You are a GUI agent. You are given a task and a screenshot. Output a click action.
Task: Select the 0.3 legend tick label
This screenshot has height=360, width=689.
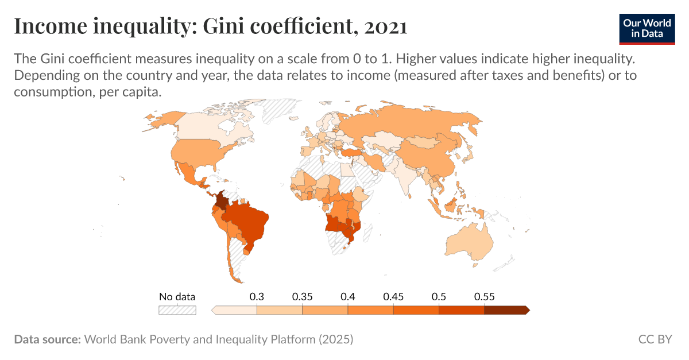pos(257,297)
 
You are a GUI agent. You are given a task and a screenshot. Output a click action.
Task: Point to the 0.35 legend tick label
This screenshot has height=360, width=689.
pos(302,297)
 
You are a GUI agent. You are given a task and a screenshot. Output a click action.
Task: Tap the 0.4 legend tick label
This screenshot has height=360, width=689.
pos(347,297)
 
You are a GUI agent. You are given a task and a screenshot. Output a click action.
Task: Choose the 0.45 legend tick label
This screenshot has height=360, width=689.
pos(393,297)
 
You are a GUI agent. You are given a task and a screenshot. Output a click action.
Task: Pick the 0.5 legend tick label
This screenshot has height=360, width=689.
pos(439,297)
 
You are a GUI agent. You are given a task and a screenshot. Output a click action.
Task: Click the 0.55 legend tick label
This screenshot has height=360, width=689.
pos(484,297)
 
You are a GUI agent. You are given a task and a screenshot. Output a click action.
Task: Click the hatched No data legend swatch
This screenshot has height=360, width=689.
pos(177,310)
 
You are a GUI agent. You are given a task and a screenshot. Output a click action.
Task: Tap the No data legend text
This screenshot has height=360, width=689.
pos(177,297)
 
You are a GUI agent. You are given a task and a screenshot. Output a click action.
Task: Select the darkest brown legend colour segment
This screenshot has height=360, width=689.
pos(506,310)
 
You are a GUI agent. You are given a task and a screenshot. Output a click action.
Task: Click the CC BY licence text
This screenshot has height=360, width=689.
pos(655,339)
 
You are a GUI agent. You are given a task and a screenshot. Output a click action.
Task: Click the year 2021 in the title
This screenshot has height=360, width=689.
pos(385,27)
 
